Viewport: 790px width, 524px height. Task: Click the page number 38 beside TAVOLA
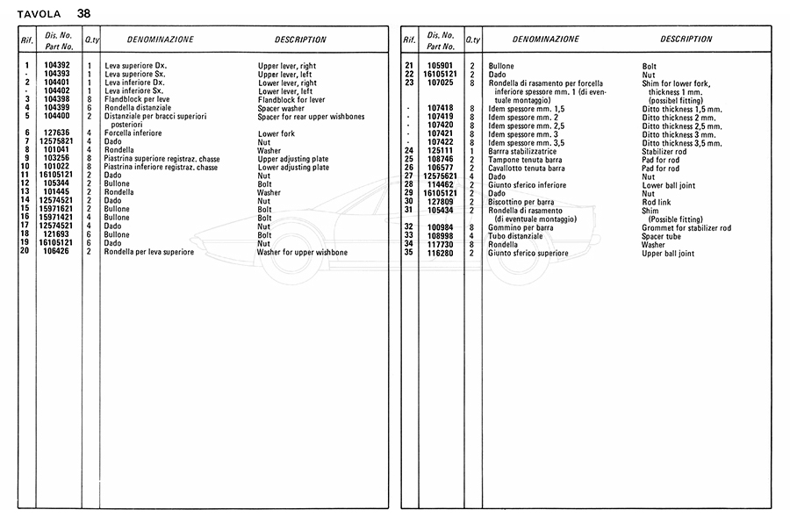(83, 13)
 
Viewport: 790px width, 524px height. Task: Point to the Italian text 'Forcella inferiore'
(133, 133)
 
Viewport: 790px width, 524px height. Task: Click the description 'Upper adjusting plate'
(293, 158)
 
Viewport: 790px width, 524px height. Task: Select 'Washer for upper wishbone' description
(302, 252)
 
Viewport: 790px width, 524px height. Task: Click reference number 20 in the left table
(26, 252)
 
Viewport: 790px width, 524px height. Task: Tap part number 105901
(440, 66)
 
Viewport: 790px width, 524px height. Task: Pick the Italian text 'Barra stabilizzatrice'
(525, 150)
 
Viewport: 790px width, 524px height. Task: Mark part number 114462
(440, 184)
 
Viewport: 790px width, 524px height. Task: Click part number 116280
(440, 253)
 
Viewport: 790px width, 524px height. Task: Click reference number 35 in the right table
(409, 253)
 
